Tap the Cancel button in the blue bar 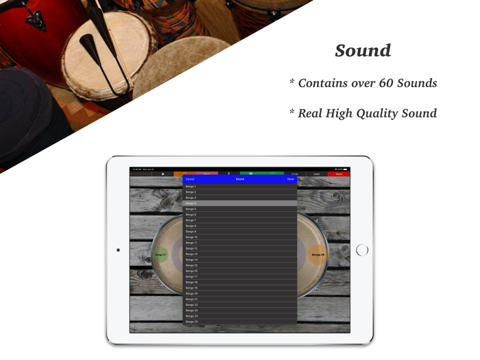tap(190, 179)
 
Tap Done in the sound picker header tap(291, 179)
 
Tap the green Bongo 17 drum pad tap(160, 255)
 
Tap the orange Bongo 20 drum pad tap(317, 255)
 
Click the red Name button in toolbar tap(339, 174)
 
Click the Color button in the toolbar tap(317, 174)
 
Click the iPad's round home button tap(362, 250)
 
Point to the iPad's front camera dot tap(118, 250)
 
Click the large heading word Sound tap(363, 51)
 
